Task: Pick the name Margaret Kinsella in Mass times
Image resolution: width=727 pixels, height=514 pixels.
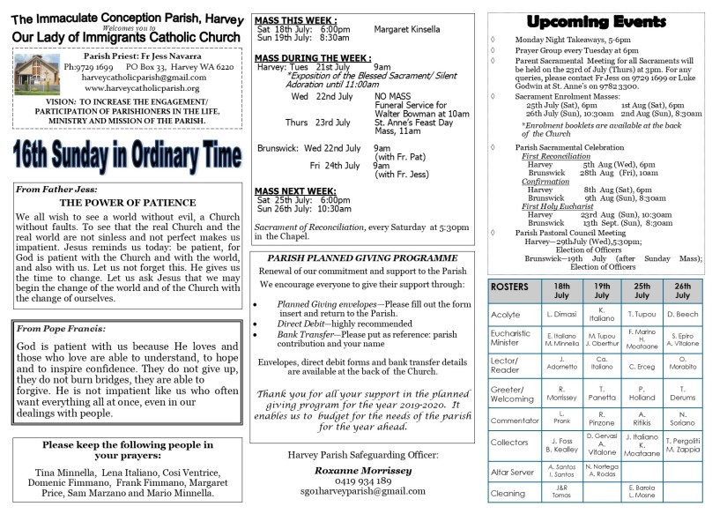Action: pyautogui.click(x=407, y=29)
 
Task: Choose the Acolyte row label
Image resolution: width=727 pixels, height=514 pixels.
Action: pyautogui.click(x=506, y=315)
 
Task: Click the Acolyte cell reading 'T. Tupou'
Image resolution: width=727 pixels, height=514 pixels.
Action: pyautogui.click(x=642, y=315)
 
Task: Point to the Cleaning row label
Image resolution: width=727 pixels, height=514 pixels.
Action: pyautogui.click(x=508, y=494)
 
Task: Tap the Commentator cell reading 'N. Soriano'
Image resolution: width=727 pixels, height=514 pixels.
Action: pyautogui.click(x=682, y=419)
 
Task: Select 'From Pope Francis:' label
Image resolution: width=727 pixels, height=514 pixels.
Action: pyautogui.click(x=56, y=328)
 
